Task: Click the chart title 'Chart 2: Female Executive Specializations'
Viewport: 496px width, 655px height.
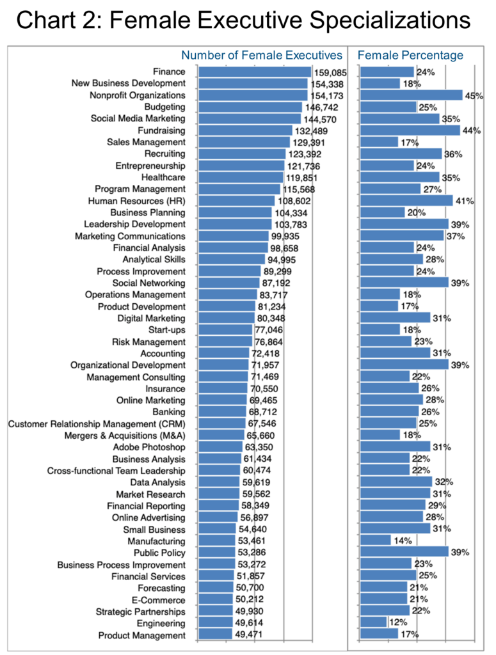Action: pyautogui.click(x=243, y=20)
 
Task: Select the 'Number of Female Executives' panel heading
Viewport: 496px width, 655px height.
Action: pyautogui.click(x=262, y=56)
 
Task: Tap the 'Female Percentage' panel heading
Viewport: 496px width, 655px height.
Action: pyautogui.click(x=410, y=55)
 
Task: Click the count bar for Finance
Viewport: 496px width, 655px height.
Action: pyautogui.click(x=255, y=72)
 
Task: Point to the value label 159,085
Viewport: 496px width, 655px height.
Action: pyautogui.click(x=330, y=73)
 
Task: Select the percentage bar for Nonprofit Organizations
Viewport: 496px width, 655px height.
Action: pyautogui.click(x=411, y=95)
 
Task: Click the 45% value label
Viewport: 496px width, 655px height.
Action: pyautogui.click(x=474, y=96)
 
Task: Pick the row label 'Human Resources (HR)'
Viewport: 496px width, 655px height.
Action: pyautogui.click(x=137, y=201)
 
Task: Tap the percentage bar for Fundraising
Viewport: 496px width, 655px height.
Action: pyautogui.click(x=410, y=130)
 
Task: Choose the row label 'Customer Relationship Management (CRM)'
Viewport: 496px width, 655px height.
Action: pyautogui.click(x=97, y=424)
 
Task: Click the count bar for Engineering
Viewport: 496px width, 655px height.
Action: pyautogui.click(x=216, y=622)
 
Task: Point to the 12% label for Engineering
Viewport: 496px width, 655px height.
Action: pyautogui.click(x=398, y=622)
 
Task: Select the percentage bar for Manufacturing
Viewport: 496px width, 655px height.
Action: pyautogui.click(x=375, y=541)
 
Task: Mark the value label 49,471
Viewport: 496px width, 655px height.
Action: pyautogui.click(x=249, y=635)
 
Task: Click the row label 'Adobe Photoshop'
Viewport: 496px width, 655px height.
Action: pyautogui.click(x=149, y=447)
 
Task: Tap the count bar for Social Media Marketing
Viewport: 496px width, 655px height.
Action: pyautogui.click(x=250, y=118)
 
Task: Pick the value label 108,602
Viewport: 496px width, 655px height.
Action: pyautogui.click(x=294, y=201)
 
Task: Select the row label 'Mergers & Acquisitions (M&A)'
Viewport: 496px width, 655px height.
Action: pyautogui.click(x=125, y=436)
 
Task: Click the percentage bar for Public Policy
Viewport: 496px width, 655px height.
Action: pyautogui.click(x=404, y=552)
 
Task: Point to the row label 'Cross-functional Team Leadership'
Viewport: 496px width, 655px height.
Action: pyautogui.click(x=116, y=471)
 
